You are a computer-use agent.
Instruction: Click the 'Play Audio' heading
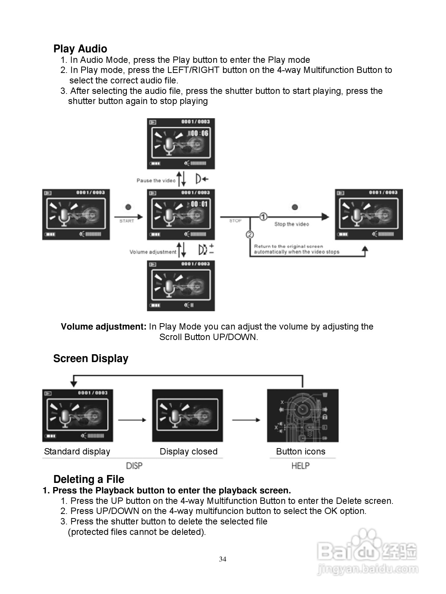tap(80, 49)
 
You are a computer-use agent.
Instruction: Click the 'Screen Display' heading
tap(91, 358)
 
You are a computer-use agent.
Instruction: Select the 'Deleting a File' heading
tap(89, 479)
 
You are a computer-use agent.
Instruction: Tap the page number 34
tap(223, 559)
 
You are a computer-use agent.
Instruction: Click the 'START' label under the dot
tap(126, 221)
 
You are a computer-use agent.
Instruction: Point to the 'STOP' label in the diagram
tap(235, 221)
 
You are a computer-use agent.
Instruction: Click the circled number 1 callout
tap(263, 217)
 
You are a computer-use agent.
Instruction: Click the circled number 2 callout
tap(250, 235)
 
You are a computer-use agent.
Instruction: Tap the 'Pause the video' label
tap(156, 181)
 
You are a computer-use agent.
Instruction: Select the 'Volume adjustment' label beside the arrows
tap(153, 252)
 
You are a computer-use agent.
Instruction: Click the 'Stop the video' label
tap(291, 224)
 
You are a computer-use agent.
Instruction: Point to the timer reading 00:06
tap(199, 133)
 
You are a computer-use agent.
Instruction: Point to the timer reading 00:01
tap(199, 204)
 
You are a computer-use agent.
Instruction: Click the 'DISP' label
tap(134, 466)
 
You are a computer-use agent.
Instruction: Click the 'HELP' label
tap(300, 466)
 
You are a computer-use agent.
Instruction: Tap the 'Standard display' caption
tap(77, 451)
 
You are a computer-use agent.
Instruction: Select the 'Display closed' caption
tap(188, 451)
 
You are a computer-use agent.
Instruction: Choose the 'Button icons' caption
tap(300, 451)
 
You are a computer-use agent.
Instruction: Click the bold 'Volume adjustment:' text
tap(104, 327)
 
